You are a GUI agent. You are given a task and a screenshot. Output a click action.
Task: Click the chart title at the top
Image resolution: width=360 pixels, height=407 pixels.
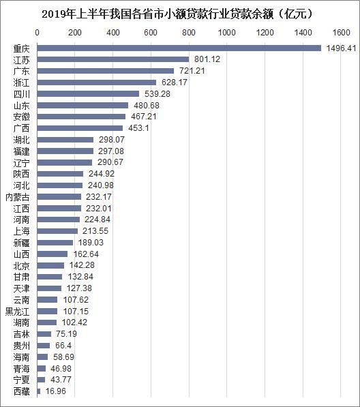point(180,13)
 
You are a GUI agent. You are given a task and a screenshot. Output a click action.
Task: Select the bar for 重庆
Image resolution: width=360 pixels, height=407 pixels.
point(179,48)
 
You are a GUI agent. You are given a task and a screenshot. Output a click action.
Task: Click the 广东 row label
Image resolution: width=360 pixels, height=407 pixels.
point(21,71)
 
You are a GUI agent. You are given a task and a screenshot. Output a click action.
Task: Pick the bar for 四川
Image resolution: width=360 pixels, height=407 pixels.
point(88,94)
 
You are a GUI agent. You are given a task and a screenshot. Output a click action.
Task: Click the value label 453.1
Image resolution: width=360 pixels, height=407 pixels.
point(138,128)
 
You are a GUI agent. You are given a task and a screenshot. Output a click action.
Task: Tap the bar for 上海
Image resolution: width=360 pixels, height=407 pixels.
point(57,231)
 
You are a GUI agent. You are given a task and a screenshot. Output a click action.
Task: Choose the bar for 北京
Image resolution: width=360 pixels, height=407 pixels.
point(50,266)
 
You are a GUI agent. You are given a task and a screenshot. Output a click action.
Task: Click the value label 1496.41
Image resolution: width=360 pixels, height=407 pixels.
point(340,48)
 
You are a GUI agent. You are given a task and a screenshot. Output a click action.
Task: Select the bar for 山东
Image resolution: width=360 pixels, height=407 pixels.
point(82,106)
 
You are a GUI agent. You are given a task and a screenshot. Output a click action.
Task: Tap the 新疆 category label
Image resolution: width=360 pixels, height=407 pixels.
point(21,243)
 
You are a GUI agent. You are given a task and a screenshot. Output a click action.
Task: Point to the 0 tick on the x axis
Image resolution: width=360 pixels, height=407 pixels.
point(37,32)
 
